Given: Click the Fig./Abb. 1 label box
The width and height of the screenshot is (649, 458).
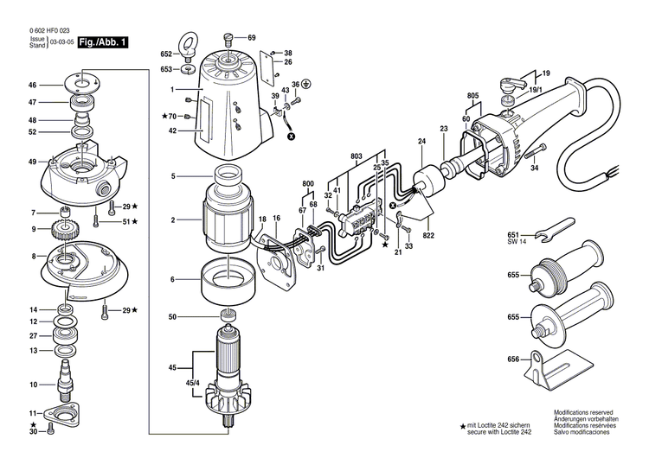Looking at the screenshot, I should pyautogui.click(x=101, y=42).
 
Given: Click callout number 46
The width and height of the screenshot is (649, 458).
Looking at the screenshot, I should pyautogui.click(x=32, y=86).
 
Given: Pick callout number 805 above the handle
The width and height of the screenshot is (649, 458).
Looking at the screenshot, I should pyautogui.click(x=472, y=95).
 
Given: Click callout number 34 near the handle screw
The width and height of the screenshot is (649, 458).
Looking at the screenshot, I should pyautogui.click(x=534, y=169).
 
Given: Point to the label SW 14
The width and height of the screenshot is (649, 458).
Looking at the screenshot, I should pyautogui.click(x=516, y=243).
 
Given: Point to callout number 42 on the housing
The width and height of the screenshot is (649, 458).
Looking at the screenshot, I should pyautogui.click(x=173, y=131).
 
